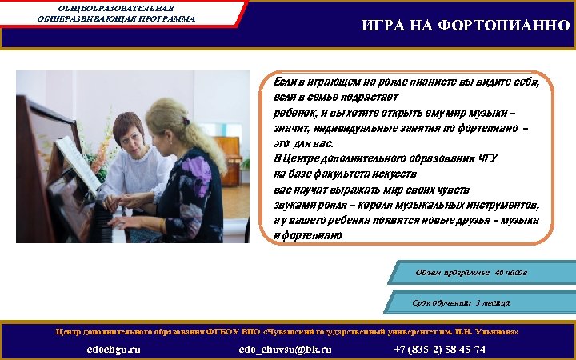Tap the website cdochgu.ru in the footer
click(x=114, y=349)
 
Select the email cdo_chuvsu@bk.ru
click(x=286, y=349)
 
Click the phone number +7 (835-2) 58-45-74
click(x=439, y=349)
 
